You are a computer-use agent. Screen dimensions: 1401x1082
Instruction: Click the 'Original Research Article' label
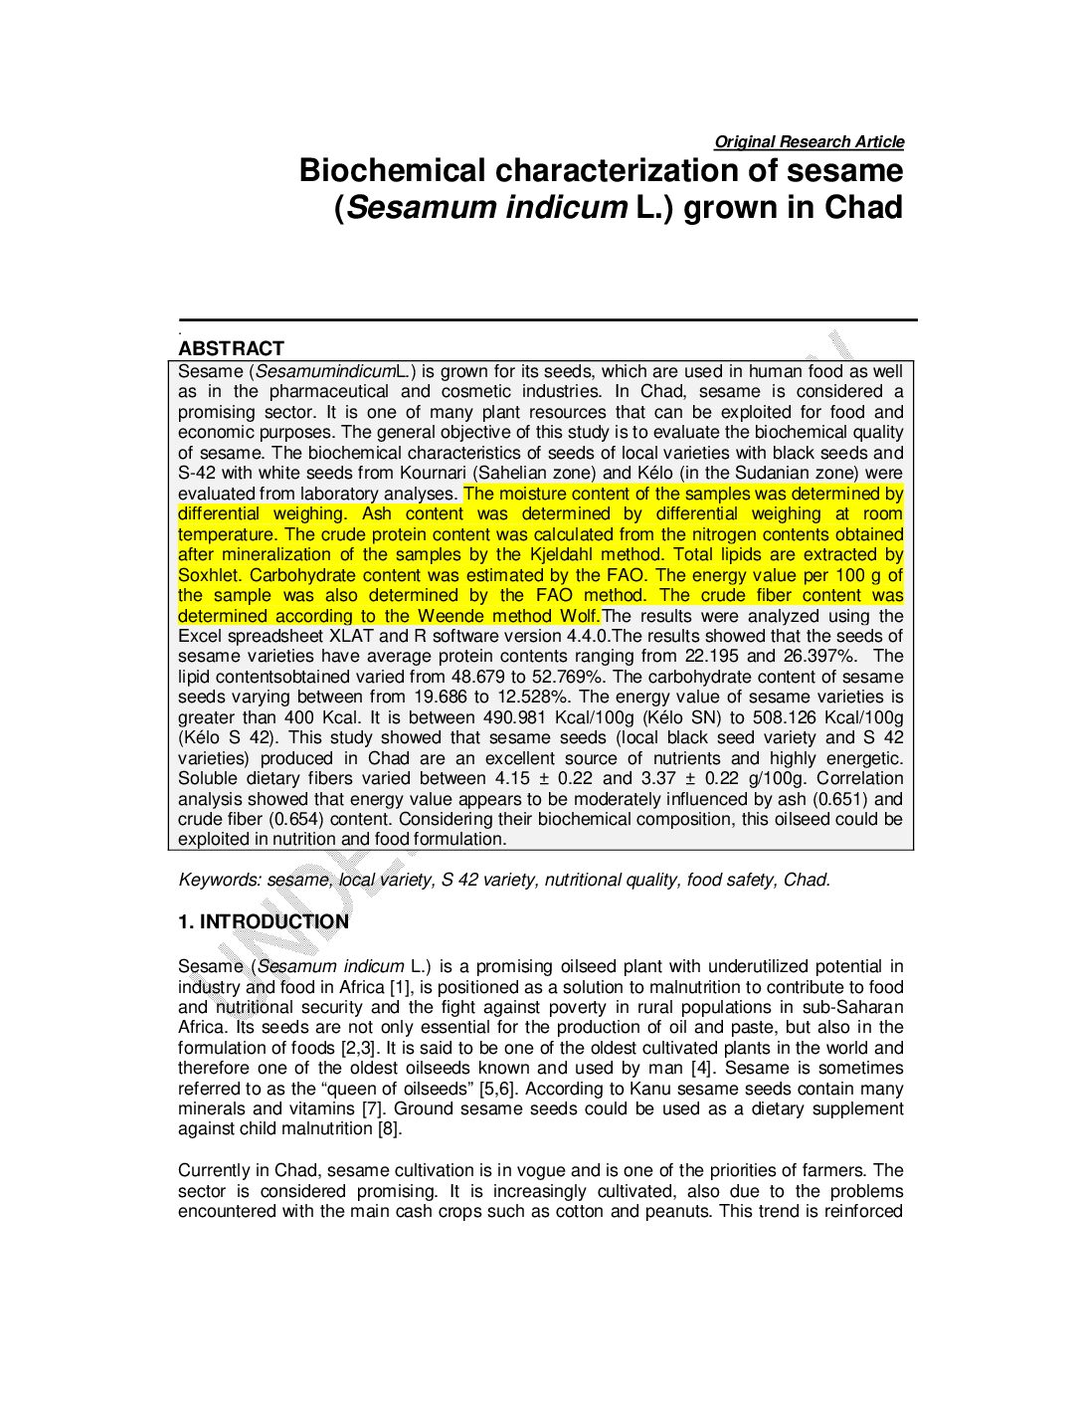pos(809,142)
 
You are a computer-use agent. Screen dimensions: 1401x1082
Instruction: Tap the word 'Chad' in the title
pos(863,208)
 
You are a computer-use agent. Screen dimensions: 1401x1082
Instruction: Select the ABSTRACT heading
pos(231,348)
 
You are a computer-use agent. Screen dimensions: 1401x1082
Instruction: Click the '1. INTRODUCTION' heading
pos(264,922)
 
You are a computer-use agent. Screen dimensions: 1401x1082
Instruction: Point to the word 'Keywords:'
pos(220,880)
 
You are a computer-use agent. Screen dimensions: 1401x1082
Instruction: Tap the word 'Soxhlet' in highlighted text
pos(209,575)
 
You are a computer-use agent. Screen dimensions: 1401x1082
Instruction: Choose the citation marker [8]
pos(389,1128)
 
